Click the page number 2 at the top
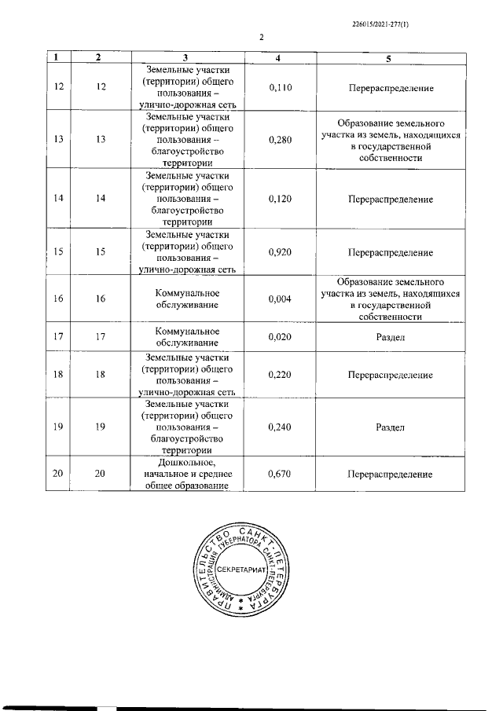coord(260,36)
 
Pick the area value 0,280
coord(280,140)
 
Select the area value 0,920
coord(280,252)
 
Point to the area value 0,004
coord(280,299)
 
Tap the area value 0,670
coord(280,475)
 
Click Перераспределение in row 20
coord(389,475)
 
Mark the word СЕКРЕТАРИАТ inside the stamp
coord(243,567)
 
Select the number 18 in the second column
coord(99,375)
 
